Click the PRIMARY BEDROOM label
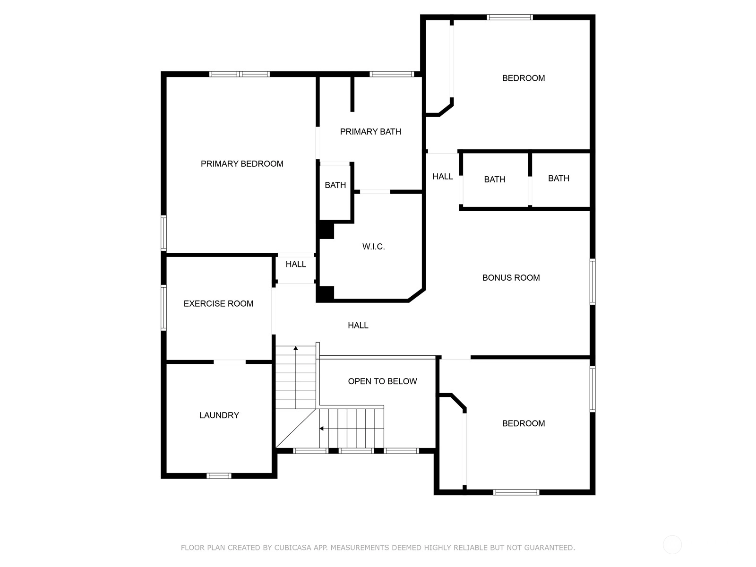tap(242, 164)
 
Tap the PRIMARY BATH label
tap(370, 132)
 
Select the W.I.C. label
tap(373, 247)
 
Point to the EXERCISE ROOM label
tap(218, 304)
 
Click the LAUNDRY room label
tap(219, 415)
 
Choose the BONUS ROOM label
tap(511, 278)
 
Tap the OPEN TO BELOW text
tap(382, 381)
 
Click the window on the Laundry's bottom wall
tap(219, 476)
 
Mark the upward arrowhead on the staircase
tap(295, 348)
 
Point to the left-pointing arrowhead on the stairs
tap(321, 429)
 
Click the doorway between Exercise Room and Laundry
tap(230, 362)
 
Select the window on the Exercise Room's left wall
tap(164, 308)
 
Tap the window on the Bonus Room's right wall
tap(593, 282)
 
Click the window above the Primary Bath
tap(392, 74)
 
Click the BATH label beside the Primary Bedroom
tap(335, 185)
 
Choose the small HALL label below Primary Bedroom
tap(296, 264)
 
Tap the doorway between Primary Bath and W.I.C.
tap(375, 192)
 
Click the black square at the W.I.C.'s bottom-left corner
tap(325, 293)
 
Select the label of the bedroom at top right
tap(523, 78)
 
